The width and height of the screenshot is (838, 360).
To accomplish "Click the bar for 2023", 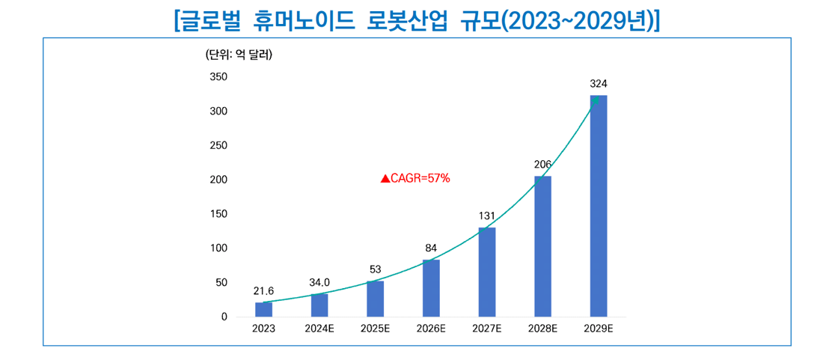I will pos(263,309).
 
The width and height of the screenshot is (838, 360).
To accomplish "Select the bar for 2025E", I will pos(375,299).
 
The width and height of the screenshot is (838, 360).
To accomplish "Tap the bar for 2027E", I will pos(487,272).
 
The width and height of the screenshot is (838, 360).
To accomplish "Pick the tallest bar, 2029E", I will pos(599,206).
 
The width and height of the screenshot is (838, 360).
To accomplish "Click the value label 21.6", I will pos(263,291).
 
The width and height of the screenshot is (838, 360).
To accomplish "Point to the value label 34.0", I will pos(319,282).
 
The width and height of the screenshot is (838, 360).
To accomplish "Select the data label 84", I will pos(431,248).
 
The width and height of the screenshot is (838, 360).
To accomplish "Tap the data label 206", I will pos(542,164).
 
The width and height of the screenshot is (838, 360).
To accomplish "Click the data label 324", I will pos(599,83).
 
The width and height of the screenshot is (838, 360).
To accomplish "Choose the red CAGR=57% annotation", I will pos(415,178).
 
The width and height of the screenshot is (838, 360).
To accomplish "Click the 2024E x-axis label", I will pos(319,328).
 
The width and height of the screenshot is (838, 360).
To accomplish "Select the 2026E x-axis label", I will pos(431,328).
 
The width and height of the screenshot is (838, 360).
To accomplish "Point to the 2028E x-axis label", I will pos(542,328).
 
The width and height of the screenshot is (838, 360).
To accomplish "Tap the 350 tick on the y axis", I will pos(218,77).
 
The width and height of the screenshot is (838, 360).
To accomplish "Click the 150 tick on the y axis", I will pos(218,214).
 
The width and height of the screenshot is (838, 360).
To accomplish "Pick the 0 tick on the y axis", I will pos(224,317).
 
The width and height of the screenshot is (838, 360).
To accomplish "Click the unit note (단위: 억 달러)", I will pos(238,54).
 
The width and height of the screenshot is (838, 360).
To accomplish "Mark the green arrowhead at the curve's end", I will pos(596,100).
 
